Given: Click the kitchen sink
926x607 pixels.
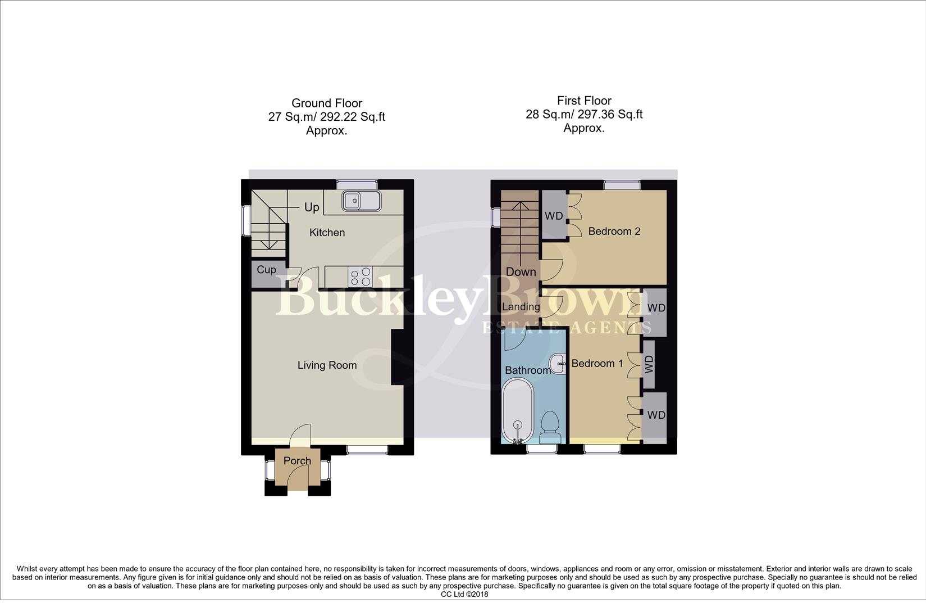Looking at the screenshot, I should click(361, 200).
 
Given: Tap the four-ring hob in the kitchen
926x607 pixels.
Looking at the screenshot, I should click(360, 276).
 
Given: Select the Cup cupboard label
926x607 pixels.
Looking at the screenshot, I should click(266, 270).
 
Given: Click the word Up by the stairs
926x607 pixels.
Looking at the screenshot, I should click(312, 207).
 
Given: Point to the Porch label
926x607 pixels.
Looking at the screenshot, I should click(297, 461).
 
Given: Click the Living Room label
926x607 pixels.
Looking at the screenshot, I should click(327, 365).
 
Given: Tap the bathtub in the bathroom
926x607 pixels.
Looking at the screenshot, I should click(517, 411).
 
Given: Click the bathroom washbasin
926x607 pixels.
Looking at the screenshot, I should click(558, 364).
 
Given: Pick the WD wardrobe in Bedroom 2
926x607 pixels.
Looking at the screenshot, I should click(554, 216).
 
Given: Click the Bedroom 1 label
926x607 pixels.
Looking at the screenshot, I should click(597, 364).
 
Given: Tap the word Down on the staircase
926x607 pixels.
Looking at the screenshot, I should click(521, 272).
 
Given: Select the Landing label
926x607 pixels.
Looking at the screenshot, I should click(521, 307).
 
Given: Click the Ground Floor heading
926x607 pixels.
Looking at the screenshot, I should click(327, 103).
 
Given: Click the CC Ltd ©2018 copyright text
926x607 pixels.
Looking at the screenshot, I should click(464, 594).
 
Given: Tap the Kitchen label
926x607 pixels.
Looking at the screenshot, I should click(327, 233).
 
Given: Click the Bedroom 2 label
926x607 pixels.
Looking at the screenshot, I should click(614, 232).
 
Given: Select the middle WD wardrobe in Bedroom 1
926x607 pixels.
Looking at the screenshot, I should click(649, 364).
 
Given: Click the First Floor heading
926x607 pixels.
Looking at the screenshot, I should click(584, 101).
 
